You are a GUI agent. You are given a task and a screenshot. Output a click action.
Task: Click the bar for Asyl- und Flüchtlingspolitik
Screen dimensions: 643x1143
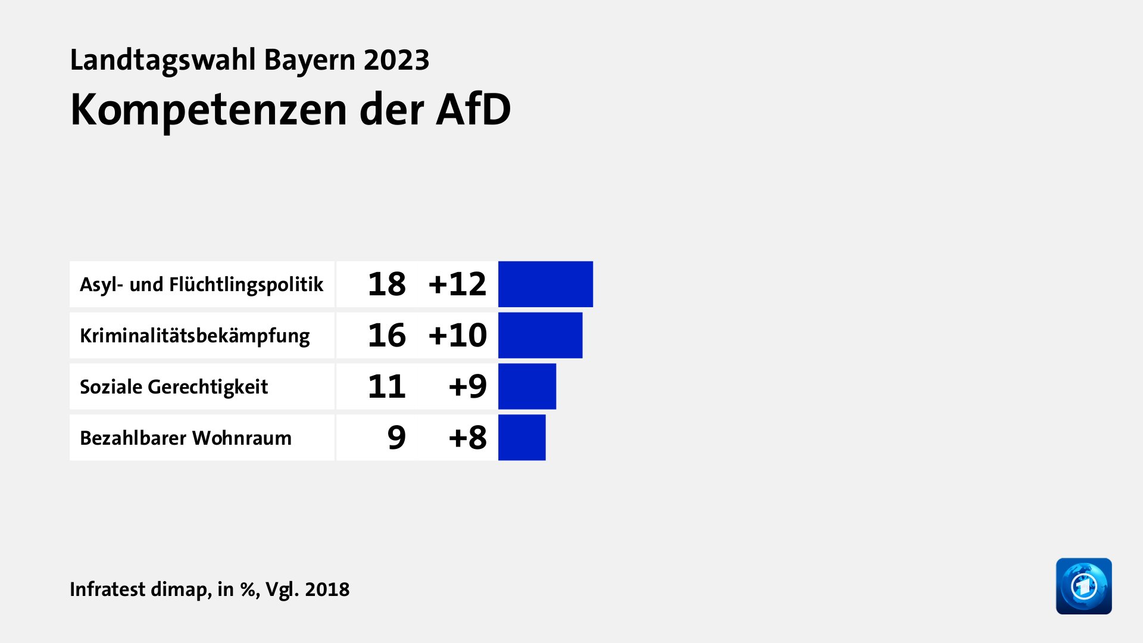(545, 284)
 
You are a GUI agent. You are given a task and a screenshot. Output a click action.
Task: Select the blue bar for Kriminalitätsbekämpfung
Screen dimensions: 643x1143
(540, 335)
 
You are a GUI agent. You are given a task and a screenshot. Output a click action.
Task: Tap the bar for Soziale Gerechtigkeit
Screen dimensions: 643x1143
(527, 386)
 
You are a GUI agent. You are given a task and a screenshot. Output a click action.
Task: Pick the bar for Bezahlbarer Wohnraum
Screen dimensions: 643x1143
(521, 438)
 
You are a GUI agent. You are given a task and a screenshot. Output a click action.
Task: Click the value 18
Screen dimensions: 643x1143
(386, 284)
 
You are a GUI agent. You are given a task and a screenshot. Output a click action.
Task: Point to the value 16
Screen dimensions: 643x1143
(386, 335)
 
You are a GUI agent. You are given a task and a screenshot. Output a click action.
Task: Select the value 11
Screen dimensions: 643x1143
(386, 386)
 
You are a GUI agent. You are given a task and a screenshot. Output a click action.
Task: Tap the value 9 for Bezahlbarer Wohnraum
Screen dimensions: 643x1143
(396, 438)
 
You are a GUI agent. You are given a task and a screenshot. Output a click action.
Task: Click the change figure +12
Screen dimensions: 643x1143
(457, 284)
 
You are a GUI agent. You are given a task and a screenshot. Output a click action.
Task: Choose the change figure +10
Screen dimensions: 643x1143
(457, 335)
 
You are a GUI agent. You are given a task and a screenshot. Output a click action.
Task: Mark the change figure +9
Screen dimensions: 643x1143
(467, 386)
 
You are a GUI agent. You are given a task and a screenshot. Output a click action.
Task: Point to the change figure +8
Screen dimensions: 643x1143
(467, 438)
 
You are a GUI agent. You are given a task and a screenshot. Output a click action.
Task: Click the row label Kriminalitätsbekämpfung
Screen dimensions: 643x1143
(195, 336)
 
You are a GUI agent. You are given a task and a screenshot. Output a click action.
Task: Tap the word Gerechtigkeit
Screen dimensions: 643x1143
(208, 387)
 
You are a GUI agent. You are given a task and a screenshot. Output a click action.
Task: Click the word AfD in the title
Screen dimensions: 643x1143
(473, 110)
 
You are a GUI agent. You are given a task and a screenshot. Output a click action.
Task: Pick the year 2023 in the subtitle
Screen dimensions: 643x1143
(396, 60)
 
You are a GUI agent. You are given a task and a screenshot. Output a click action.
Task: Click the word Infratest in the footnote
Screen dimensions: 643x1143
(107, 589)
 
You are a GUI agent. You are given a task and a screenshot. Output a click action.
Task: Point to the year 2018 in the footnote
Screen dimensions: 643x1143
(327, 589)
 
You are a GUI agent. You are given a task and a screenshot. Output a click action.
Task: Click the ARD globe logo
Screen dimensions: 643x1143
(1083, 586)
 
